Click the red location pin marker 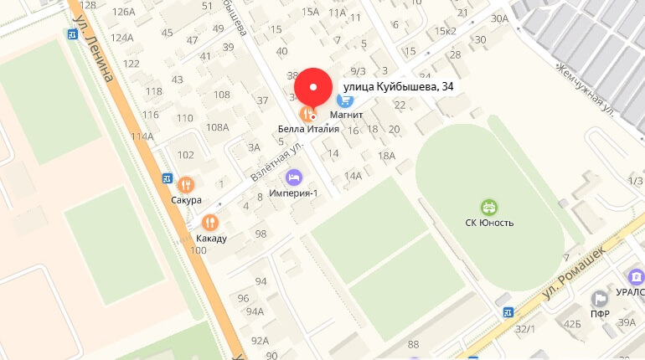coord(313,88)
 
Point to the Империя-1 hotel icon coord(293,177)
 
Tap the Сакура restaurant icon coord(185,184)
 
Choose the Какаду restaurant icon coord(209,223)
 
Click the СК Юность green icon coord(488,206)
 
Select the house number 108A coord(217,127)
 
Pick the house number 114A coord(142,136)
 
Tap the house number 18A coord(386,156)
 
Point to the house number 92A coord(261,340)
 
